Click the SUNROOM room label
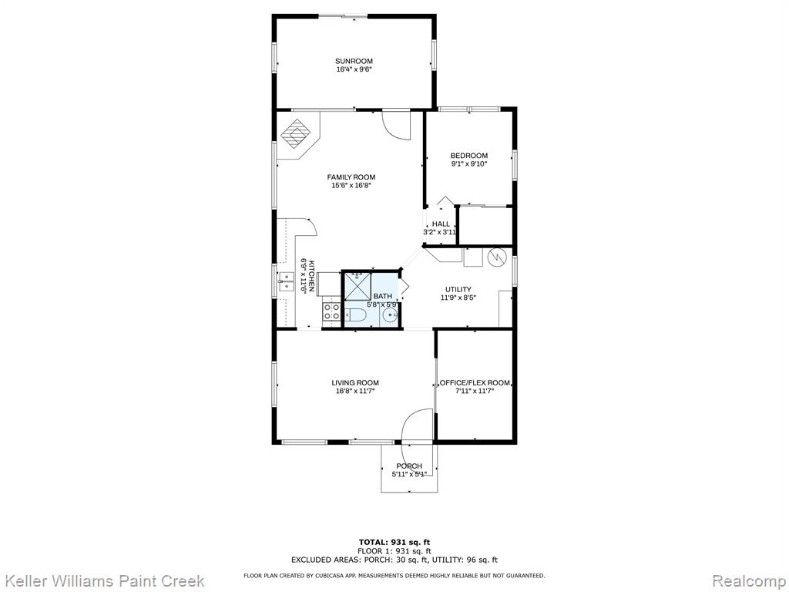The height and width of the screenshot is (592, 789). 354,62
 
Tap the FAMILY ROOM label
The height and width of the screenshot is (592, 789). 351,177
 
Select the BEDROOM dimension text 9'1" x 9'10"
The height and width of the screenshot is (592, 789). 469,163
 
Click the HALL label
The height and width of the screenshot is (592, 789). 441,224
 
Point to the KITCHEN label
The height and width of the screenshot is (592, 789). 311,276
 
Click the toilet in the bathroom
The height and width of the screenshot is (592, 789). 355,315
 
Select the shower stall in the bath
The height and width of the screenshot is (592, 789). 358,287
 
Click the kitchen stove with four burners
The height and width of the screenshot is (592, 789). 331,311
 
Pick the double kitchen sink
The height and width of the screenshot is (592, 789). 286,281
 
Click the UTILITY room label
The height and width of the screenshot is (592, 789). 458,290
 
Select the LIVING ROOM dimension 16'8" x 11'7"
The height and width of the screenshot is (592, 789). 355,391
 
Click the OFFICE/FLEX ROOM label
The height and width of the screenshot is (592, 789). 475,382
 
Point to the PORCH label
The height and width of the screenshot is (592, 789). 409,466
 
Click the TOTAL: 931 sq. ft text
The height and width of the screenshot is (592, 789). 394,542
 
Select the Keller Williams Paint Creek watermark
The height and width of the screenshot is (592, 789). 102,581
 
